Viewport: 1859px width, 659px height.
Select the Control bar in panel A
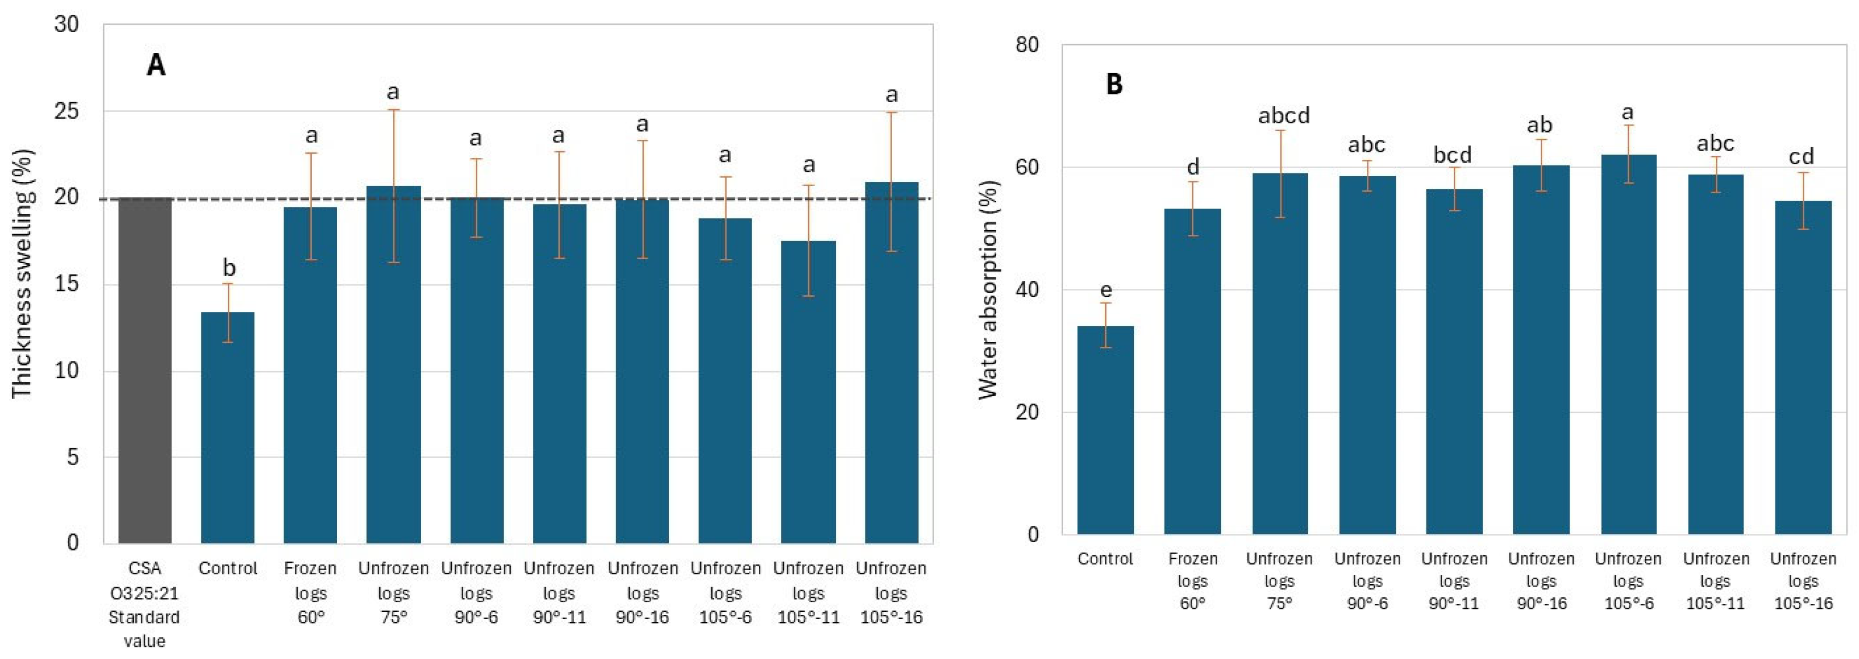click(x=227, y=427)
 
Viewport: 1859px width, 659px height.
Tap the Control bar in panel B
click(x=1105, y=430)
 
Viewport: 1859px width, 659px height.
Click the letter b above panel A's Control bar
click(x=229, y=268)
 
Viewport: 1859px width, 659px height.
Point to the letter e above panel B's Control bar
click(x=1106, y=290)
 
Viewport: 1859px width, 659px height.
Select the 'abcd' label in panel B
click(x=1284, y=115)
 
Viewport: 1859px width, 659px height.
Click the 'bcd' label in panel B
click(x=1452, y=155)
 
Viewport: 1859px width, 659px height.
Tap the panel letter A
click(x=156, y=66)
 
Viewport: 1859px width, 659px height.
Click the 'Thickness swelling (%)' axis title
click(x=22, y=274)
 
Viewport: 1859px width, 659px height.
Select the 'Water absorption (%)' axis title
click(x=987, y=288)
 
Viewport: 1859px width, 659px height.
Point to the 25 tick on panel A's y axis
click(x=67, y=111)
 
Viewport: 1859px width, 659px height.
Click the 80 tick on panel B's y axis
click(x=1026, y=45)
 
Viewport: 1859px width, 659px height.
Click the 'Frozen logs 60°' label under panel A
click(x=310, y=593)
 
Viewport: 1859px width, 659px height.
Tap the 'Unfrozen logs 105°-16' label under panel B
click(x=1803, y=580)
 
